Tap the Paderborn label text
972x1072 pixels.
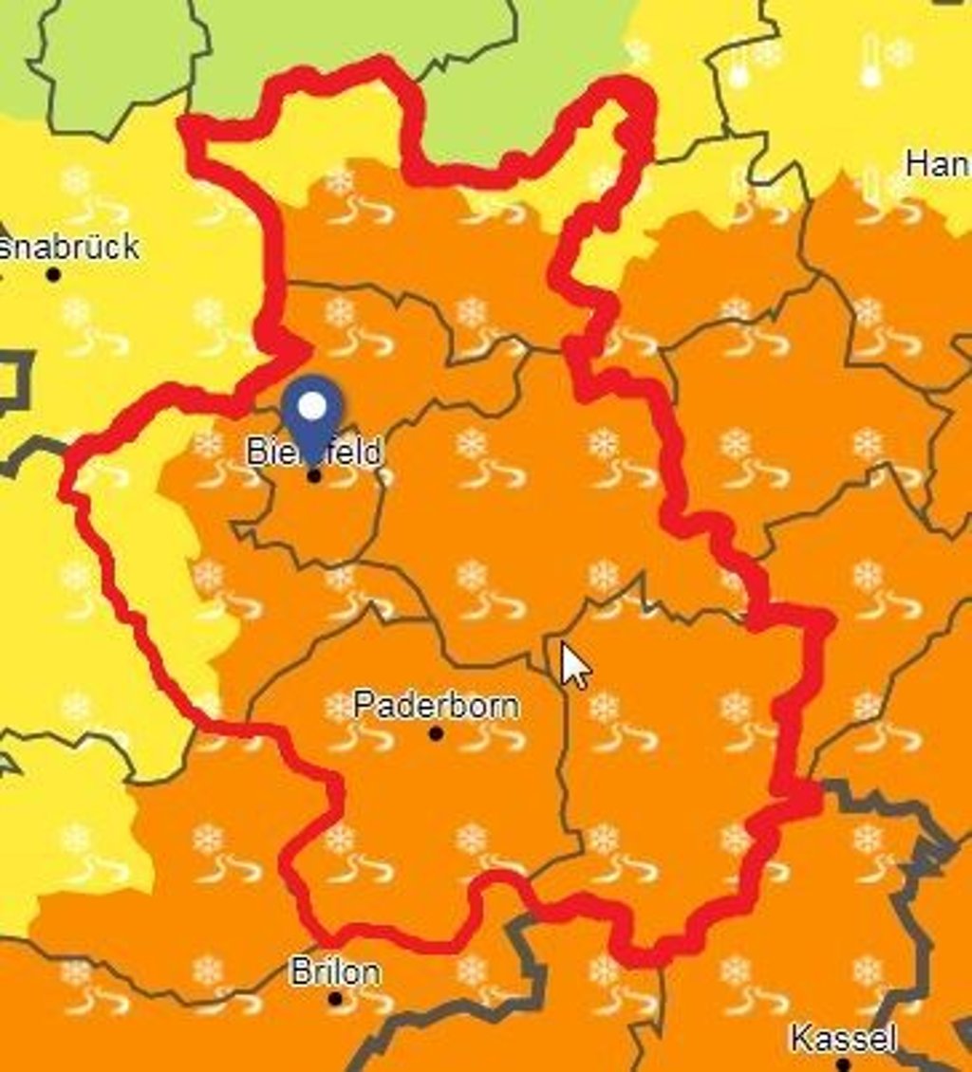436,705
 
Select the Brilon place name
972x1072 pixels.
335,972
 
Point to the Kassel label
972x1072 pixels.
843,1039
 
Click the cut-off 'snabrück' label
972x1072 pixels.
71,248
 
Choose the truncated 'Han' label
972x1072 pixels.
938,164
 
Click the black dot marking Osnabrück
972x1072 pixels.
53,274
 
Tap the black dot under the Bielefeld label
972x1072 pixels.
314,475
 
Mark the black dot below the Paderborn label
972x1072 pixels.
436,733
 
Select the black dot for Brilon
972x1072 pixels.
335,999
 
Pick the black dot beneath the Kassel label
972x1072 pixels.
843,1064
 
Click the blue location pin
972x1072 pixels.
312,414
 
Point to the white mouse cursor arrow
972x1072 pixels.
573,665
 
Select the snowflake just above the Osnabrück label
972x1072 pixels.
75,180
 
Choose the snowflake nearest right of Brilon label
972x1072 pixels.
472,970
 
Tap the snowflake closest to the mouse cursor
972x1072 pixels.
604,707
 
